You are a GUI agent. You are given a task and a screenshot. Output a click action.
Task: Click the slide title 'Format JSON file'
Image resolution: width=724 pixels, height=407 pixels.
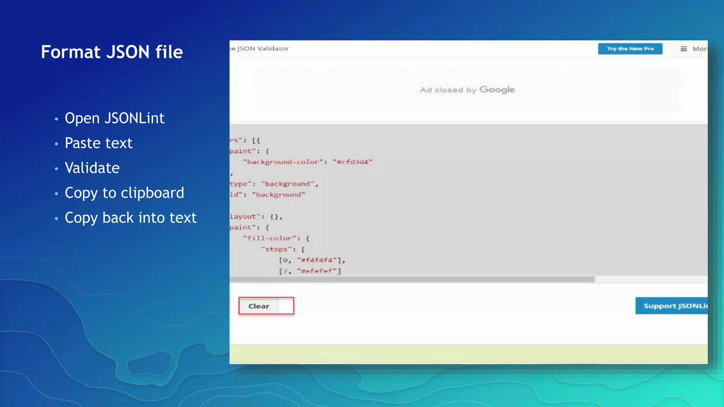point(112,52)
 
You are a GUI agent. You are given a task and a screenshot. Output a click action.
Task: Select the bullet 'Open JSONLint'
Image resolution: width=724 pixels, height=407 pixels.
point(114,118)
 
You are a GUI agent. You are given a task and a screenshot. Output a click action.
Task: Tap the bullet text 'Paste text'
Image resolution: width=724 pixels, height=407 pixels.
point(98,143)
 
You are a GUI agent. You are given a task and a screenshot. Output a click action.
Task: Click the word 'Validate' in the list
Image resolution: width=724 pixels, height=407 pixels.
point(92,168)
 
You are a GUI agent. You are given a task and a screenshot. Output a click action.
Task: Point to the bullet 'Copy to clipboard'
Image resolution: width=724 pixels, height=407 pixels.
point(124,193)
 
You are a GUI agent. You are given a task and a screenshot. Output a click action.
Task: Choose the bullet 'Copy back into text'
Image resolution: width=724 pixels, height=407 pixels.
point(130,218)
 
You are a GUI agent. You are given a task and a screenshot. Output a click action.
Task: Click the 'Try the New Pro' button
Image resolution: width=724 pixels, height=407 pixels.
point(630,49)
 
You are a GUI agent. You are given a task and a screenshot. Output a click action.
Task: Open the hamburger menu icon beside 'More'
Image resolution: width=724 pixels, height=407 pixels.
point(684,49)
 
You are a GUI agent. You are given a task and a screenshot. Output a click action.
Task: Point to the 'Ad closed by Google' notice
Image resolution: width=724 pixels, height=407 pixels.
point(467,90)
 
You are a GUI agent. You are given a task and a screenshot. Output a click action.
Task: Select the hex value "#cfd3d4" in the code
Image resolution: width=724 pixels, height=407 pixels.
point(352,162)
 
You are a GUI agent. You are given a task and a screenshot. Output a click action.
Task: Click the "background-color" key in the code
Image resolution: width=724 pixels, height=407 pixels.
point(283,162)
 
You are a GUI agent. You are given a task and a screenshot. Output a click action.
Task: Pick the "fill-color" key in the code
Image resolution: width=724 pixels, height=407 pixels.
point(269,238)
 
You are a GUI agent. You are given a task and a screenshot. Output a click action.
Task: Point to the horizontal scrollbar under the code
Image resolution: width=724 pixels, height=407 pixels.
point(412,279)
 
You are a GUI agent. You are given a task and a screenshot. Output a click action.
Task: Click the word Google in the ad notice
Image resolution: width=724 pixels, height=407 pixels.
point(497,90)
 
